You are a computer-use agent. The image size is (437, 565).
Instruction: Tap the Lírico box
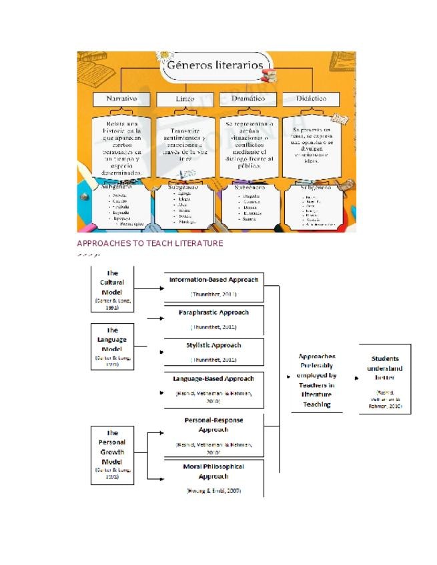185,99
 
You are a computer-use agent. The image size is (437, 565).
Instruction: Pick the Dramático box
248,99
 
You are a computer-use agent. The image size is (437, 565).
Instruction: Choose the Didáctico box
310,99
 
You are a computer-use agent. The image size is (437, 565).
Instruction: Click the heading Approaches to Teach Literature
150,244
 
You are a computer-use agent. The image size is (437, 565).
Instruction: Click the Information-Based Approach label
213,280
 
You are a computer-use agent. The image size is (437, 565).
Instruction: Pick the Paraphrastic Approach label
213,312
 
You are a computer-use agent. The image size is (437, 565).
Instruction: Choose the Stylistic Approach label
213,345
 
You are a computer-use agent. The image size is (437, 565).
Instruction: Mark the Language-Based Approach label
213,378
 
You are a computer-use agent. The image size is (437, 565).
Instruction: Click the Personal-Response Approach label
213,425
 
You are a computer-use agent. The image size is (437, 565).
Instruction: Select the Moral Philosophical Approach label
213,471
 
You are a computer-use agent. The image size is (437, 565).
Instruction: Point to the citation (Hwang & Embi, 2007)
213,491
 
